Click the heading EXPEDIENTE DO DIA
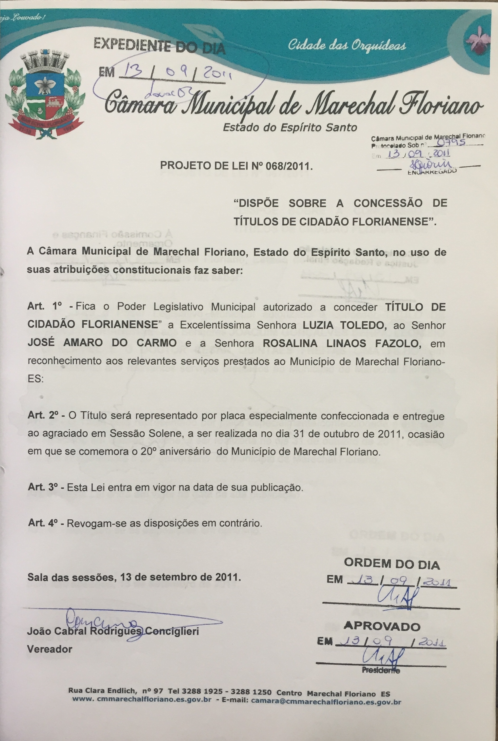pyautogui.click(x=160, y=46)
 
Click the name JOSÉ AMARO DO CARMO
pyautogui.click(x=102, y=343)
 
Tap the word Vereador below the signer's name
pyautogui.click(x=49, y=649)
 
